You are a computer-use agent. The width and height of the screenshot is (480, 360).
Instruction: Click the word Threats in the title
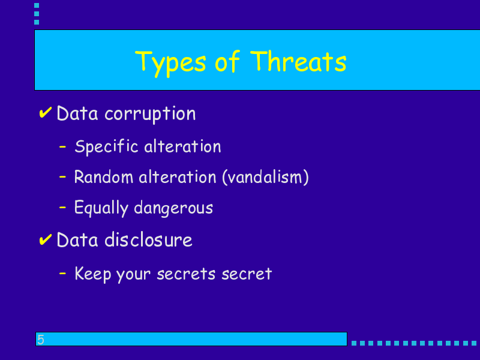pyautogui.click(x=298, y=62)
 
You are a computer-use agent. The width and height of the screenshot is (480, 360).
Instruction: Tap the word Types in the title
pyautogui.click(x=170, y=64)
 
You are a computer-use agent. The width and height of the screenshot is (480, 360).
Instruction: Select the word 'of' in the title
pyautogui.click(x=227, y=61)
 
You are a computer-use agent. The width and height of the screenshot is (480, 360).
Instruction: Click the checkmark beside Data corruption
pyautogui.click(x=46, y=113)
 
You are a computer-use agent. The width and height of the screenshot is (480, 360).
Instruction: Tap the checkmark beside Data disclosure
pyautogui.click(x=46, y=239)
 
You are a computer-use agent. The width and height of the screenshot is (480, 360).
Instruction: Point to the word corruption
pyautogui.click(x=150, y=115)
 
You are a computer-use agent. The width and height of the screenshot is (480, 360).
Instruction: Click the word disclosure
pyautogui.click(x=148, y=239)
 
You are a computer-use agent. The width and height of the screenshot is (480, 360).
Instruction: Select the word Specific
pyautogui.click(x=107, y=146)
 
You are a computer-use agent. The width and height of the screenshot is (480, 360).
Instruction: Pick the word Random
pyautogui.click(x=103, y=177)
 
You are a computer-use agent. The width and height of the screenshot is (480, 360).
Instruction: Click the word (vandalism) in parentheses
pyautogui.click(x=265, y=177)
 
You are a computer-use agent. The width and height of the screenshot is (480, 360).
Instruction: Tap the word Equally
pyautogui.click(x=101, y=208)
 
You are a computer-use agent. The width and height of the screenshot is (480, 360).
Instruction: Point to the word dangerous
pyautogui.click(x=173, y=208)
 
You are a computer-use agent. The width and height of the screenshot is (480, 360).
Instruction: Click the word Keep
pyautogui.click(x=93, y=274)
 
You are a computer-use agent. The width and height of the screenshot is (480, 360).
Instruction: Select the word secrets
pyautogui.click(x=186, y=274)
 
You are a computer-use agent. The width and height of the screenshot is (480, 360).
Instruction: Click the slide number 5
pyautogui.click(x=40, y=340)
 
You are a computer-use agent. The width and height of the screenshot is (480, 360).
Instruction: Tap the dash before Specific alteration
pyautogui.click(x=62, y=147)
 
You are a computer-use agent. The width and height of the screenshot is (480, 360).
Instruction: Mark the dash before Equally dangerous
pyautogui.click(x=62, y=208)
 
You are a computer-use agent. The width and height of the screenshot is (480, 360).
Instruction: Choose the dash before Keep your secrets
pyautogui.click(x=62, y=273)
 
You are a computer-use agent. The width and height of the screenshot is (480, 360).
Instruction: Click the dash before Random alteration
pyautogui.click(x=62, y=177)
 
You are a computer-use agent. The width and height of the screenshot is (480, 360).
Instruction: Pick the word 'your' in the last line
pyautogui.click(x=133, y=275)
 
